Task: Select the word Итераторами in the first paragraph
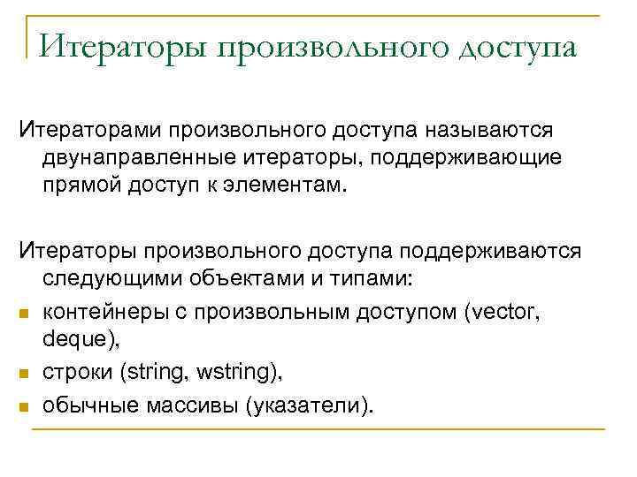tap(96, 131)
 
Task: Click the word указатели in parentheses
tap(310, 405)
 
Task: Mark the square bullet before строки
tap(26, 375)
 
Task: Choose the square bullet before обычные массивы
tap(26, 406)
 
